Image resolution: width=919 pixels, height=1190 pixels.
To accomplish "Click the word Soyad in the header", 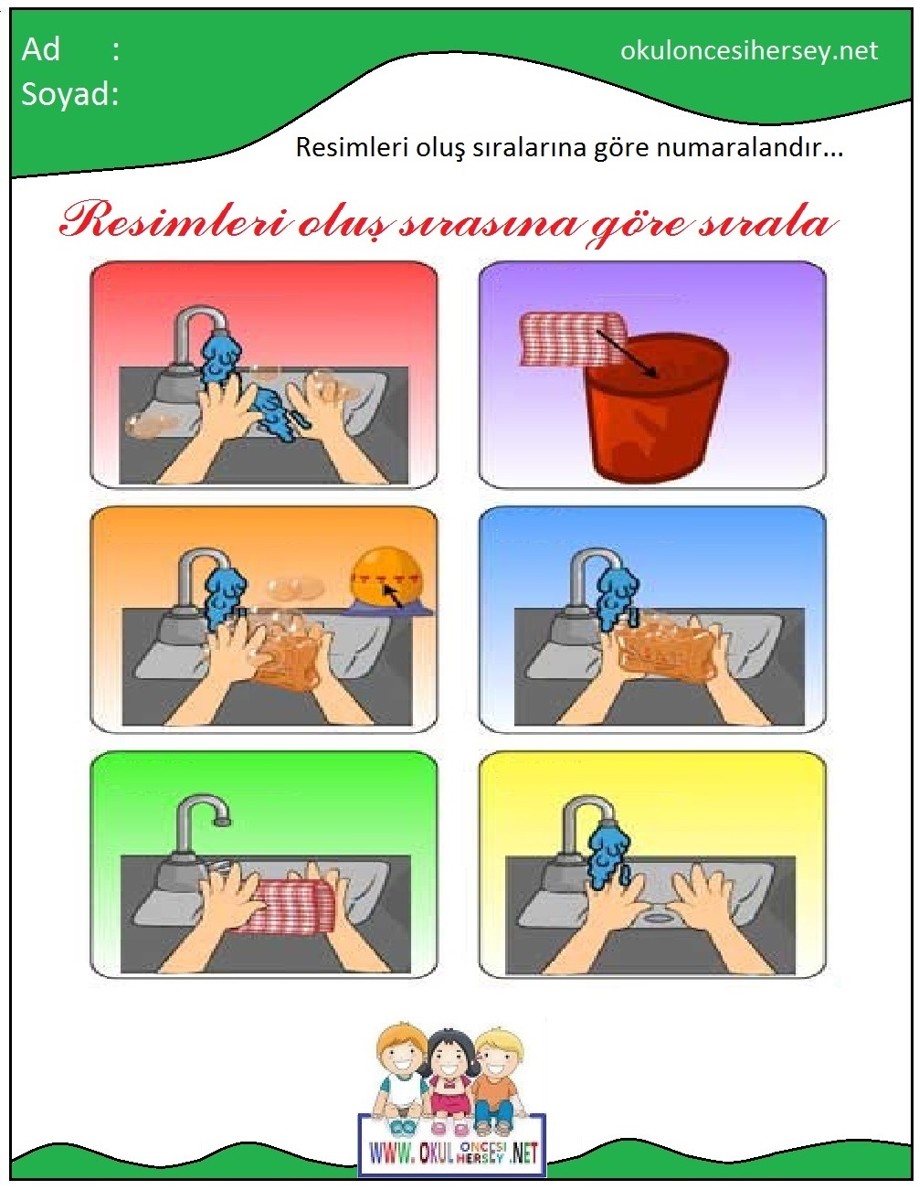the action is coord(66,94).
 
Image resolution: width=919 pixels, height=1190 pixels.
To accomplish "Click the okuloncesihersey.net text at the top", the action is coord(749,51).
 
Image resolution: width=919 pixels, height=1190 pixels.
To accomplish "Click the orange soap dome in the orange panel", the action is coord(386,579).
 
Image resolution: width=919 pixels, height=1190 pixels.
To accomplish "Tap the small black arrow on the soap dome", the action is coord(392,595).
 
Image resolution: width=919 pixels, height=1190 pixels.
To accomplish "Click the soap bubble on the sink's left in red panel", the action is coord(152,424).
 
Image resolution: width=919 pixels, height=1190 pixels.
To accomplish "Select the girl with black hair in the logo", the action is coord(449,1078).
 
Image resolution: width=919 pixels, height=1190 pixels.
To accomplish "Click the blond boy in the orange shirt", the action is coord(496,1080).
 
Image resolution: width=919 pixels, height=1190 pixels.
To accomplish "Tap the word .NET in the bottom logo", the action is coord(523,1153).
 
